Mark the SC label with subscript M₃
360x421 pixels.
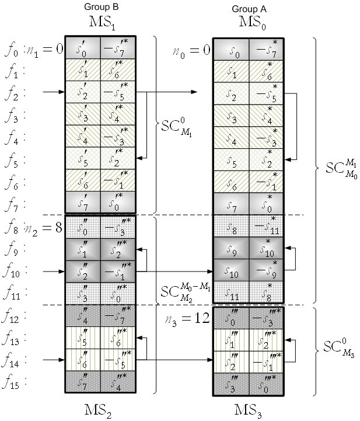point(338,349)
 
